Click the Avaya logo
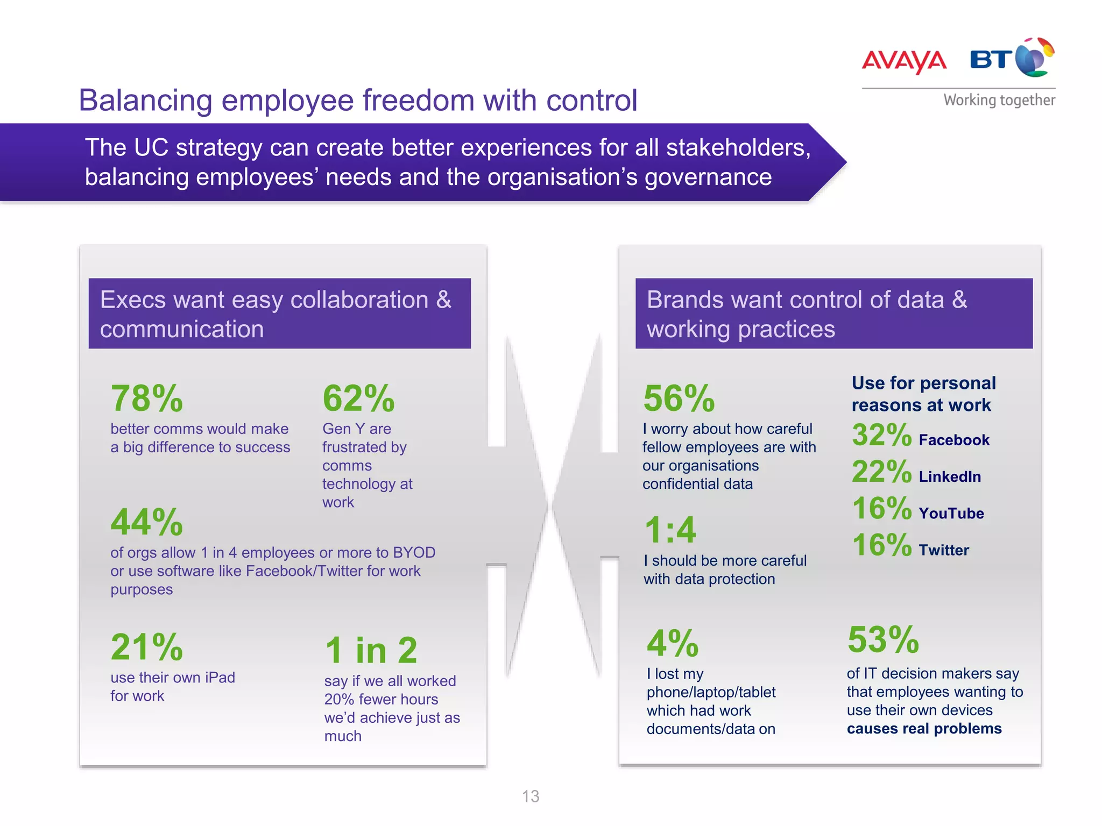904,61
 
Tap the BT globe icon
1034,58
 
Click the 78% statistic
146,399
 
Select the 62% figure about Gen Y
358,399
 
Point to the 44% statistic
146,523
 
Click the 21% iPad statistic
146,647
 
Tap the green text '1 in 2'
371,650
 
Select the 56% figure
679,399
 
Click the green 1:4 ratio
670,530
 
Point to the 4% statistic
673,644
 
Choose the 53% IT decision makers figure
883,640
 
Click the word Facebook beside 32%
954,440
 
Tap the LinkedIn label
950,477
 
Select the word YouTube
951,514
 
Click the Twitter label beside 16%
944,550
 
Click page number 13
531,796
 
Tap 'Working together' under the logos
999,100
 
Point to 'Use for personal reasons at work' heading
923,394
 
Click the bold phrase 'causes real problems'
924,729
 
